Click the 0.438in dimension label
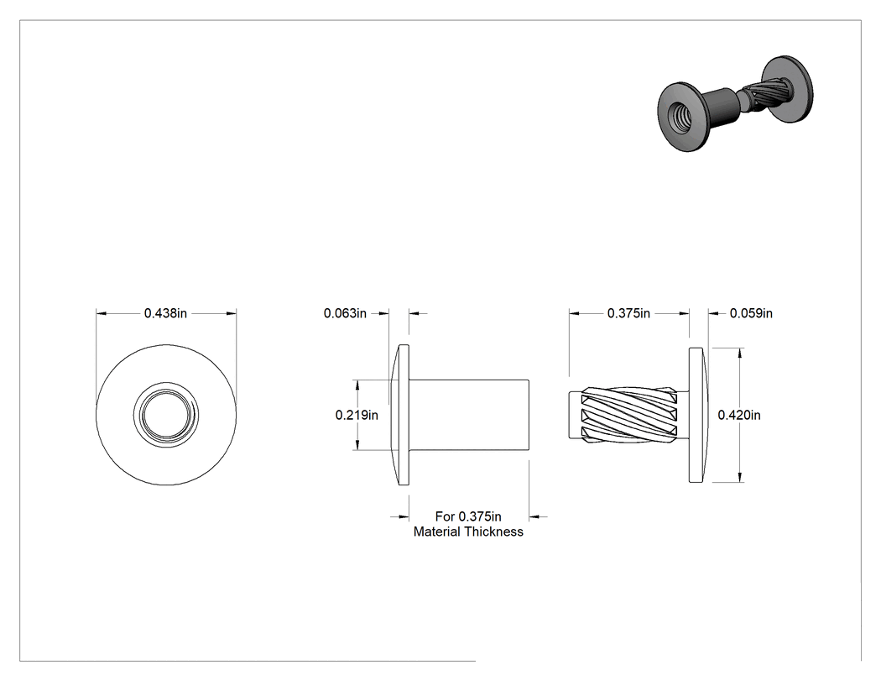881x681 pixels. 166,313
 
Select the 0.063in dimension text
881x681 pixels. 345,313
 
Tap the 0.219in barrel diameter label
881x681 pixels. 357,415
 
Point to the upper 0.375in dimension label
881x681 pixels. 628,313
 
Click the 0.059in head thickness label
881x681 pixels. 751,313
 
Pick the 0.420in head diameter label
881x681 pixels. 739,415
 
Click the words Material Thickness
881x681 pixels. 468,532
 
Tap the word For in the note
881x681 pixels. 445,516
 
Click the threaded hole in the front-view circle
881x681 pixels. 166,415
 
